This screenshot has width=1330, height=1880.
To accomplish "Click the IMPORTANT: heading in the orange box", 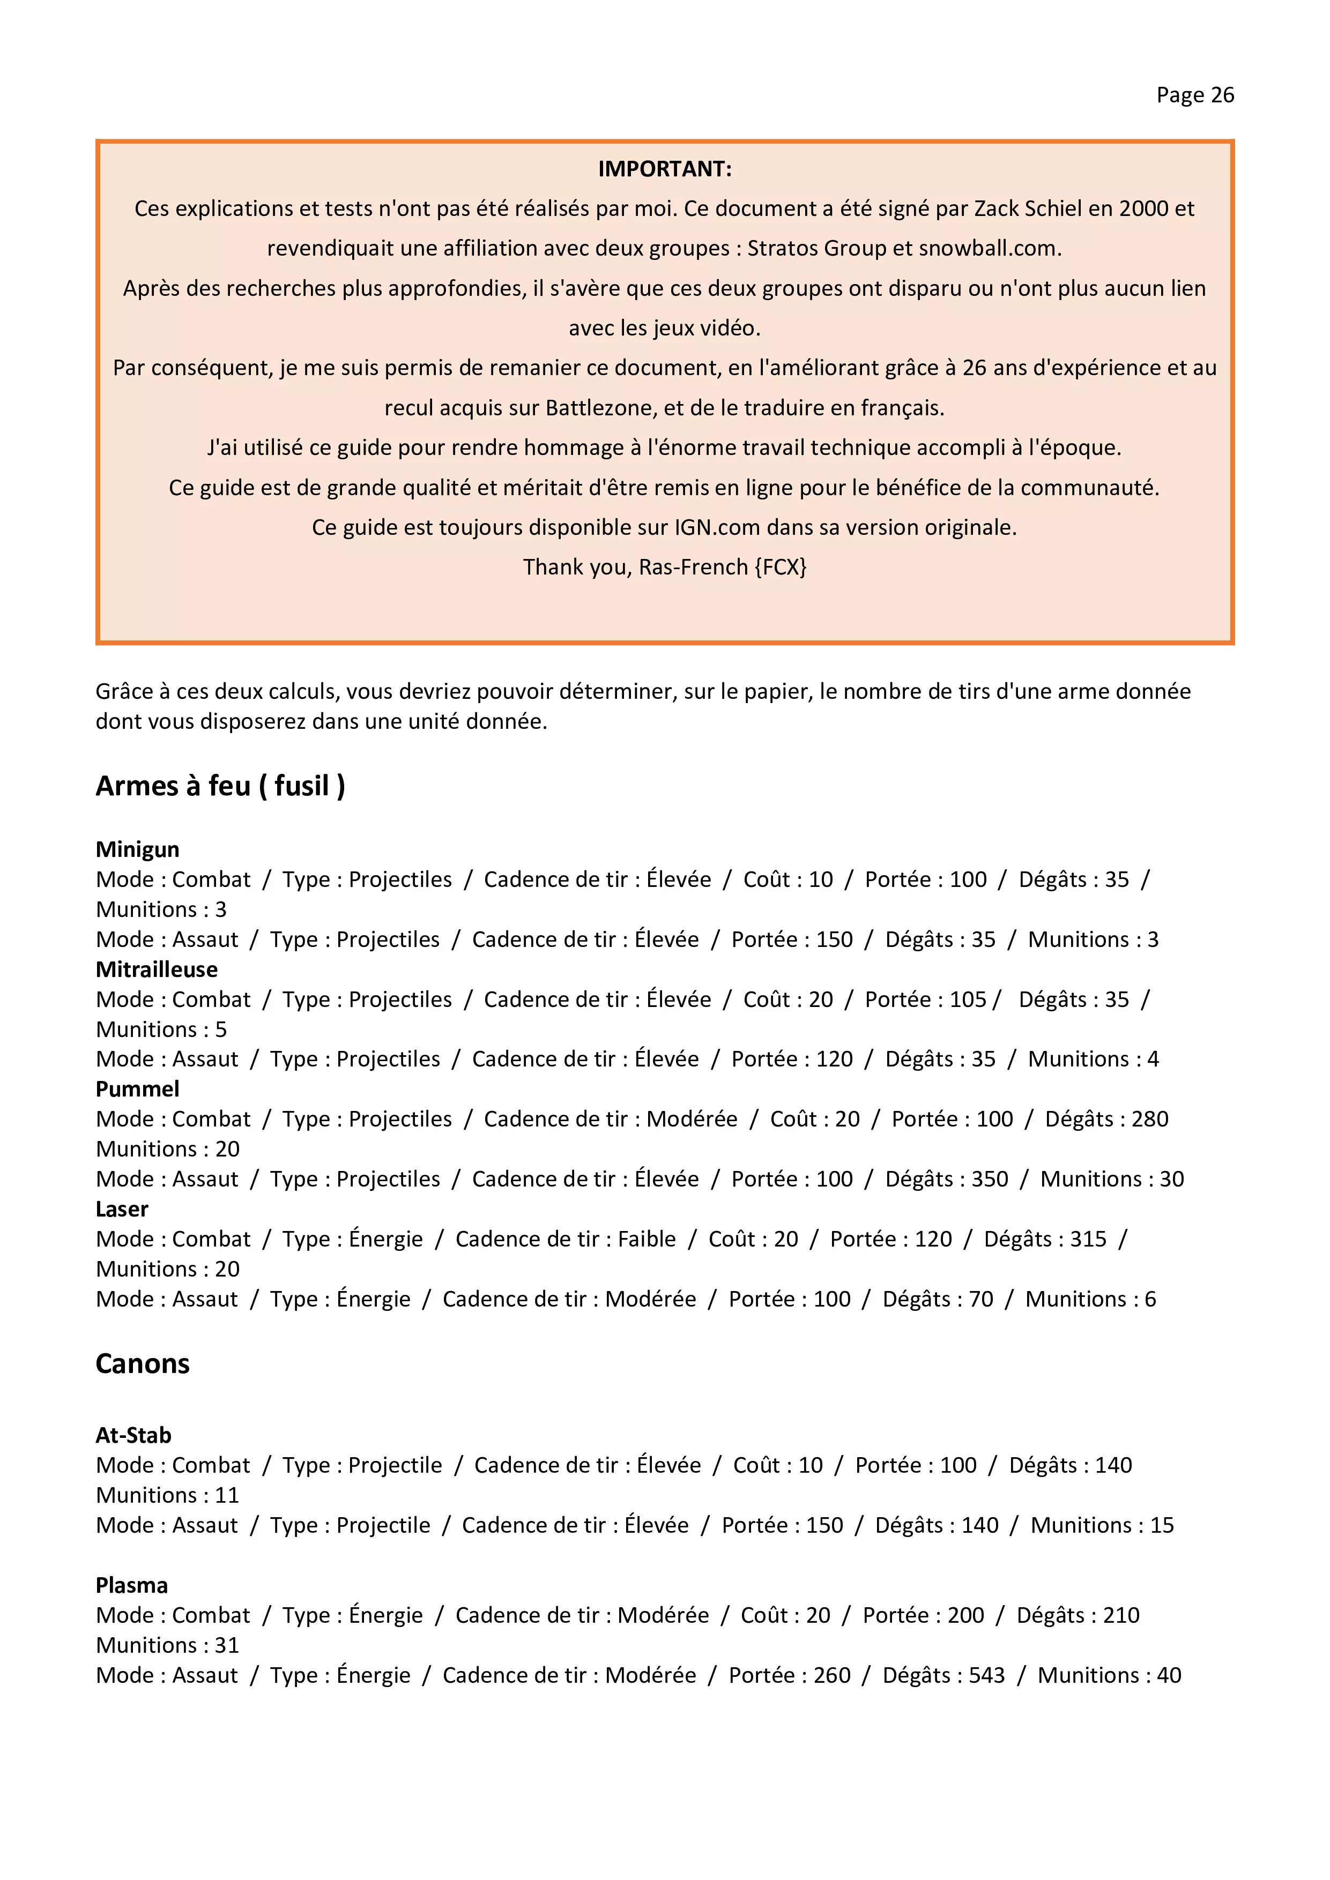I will point(664,169).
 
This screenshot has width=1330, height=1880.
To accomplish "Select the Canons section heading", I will point(143,1363).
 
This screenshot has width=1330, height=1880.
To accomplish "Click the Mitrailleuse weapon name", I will point(157,969).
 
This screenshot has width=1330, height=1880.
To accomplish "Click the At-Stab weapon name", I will point(133,1435).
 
